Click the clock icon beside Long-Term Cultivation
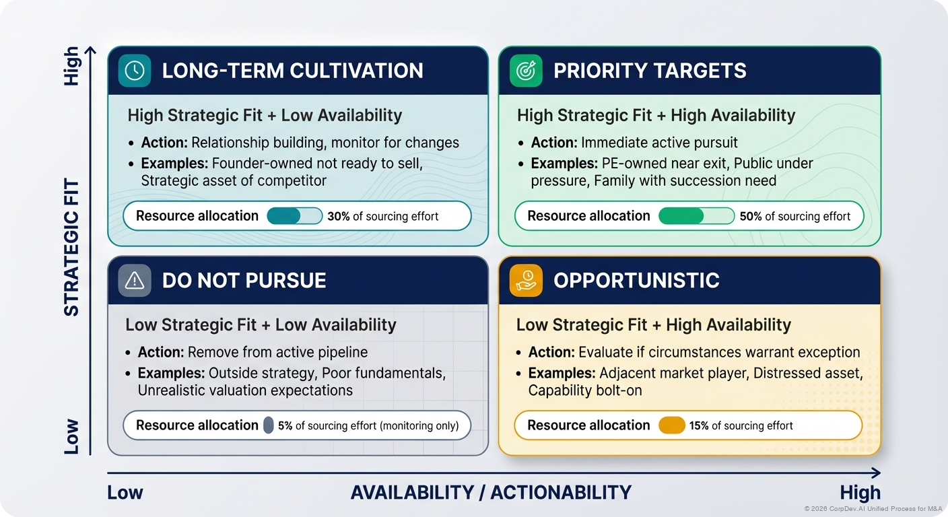point(135,71)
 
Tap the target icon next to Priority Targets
point(526,71)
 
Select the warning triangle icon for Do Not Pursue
point(135,281)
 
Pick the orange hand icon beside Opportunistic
point(526,281)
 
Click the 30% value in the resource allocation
point(339,216)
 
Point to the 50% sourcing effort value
point(751,216)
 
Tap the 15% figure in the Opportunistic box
point(699,425)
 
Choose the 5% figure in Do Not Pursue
point(285,425)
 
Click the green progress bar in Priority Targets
point(681,216)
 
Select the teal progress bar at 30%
point(284,216)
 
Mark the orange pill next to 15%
point(671,425)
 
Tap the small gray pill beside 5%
point(268,425)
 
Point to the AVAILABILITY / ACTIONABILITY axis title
point(491,492)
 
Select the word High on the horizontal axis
point(860,492)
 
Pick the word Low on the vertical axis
point(71,436)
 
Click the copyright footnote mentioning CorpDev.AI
point(872,509)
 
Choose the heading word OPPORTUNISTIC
point(636,281)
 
